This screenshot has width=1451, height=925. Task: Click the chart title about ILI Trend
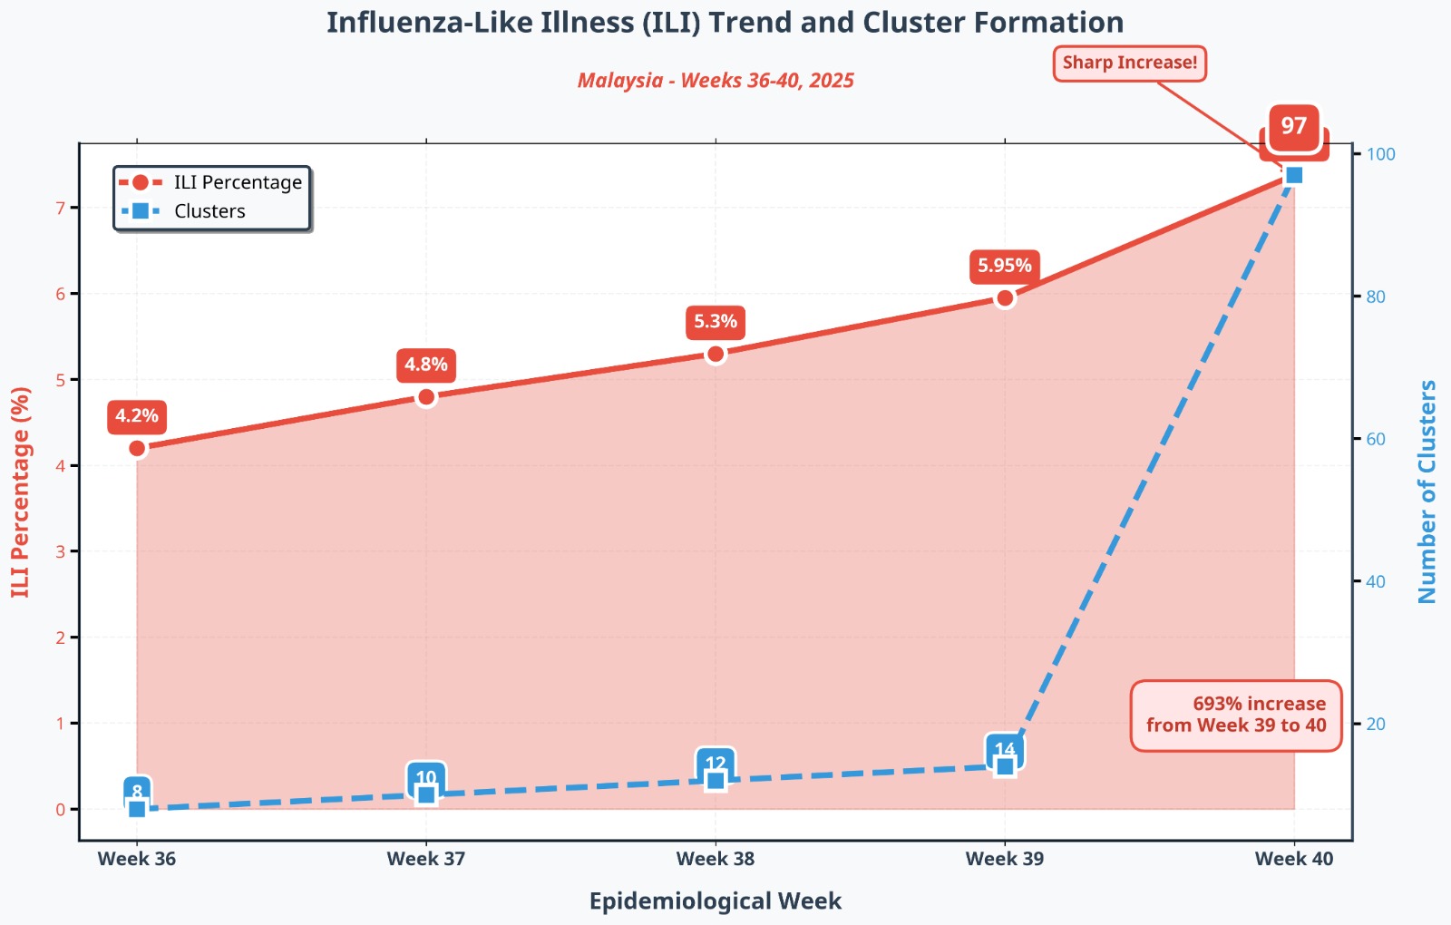click(x=725, y=23)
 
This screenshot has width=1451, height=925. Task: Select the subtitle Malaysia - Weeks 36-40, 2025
click(x=716, y=81)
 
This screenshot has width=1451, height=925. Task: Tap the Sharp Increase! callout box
click(x=1129, y=63)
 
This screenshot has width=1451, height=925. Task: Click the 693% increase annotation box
click(x=1235, y=716)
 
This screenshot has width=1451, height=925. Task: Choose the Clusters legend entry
click(x=209, y=211)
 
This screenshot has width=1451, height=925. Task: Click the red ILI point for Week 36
click(x=137, y=448)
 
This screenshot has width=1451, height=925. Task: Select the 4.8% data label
click(x=425, y=365)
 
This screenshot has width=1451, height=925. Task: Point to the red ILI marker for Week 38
click(x=716, y=354)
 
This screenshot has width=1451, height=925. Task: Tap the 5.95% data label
click(x=1004, y=266)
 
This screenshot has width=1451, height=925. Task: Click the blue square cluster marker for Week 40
click(x=1294, y=175)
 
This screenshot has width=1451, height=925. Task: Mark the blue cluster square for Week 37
click(x=426, y=795)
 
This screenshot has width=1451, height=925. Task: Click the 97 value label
click(x=1294, y=127)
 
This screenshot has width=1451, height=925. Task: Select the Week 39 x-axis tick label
click(x=1004, y=859)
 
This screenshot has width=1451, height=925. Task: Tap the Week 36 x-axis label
click(x=137, y=859)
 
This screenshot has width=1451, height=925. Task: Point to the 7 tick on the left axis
click(x=61, y=209)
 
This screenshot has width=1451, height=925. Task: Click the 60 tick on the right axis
click(x=1376, y=439)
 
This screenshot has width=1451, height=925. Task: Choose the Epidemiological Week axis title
click(x=716, y=901)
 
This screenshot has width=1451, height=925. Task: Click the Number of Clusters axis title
click(x=1427, y=492)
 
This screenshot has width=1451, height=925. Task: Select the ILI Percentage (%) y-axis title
click(x=21, y=492)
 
